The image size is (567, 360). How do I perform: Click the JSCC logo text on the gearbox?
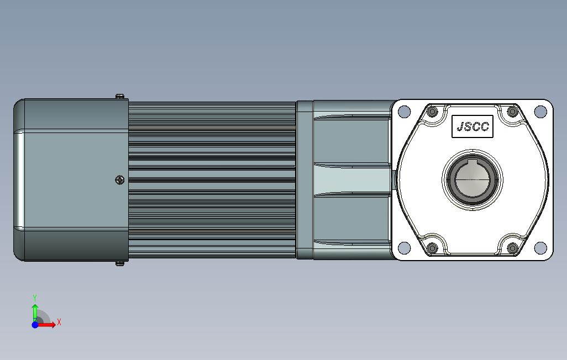[473, 126]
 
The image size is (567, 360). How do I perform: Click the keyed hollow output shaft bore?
[473, 179]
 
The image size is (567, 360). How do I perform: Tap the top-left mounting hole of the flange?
[404, 112]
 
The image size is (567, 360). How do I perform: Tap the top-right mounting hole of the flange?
[540, 112]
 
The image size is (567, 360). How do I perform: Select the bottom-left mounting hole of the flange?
[404, 247]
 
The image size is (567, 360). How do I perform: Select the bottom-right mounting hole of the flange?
[540, 247]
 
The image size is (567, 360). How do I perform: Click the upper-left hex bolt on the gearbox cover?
[432, 112]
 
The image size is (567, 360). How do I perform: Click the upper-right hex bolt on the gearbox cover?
[512, 112]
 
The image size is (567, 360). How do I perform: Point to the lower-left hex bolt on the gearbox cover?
[432, 248]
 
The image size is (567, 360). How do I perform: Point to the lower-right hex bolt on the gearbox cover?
[512, 248]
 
